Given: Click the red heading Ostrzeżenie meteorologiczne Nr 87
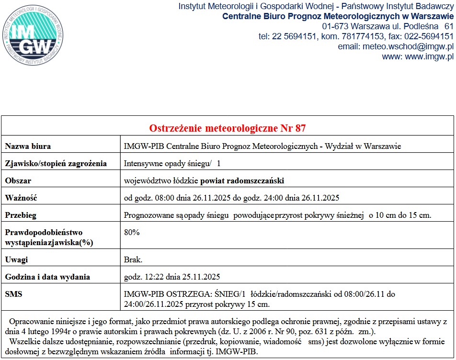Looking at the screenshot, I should pyautogui.click(x=228, y=128).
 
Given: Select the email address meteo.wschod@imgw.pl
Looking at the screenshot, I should pyautogui.click(x=409, y=46).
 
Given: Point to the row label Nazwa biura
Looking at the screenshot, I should pyautogui.click(x=28, y=146).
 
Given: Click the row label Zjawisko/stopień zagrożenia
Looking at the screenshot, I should pyautogui.click(x=56, y=163).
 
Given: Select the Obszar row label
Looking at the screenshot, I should pyautogui.click(x=18, y=180).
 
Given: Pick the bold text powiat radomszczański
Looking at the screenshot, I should pyautogui.click(x=242, y=180).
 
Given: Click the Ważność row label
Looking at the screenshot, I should pyautogui.click(x=21, y=198).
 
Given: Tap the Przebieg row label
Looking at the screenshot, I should pyautogui.click(x=21, y=215).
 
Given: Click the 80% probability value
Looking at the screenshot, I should pyautogui.click(x=132, y=232).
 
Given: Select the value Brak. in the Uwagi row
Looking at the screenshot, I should pyautogui.click(x=133, y=259).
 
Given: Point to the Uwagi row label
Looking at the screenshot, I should pyautogui.click(x=16, y=259).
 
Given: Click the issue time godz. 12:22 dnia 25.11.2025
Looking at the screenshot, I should pyautogui.click(x=172, y=277).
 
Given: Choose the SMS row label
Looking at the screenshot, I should pyautogui.click(x=13, y=294).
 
